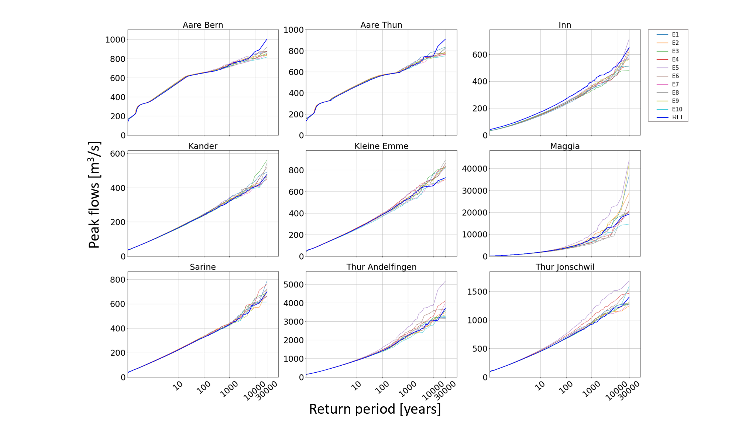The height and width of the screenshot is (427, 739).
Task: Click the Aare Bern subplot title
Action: point(203,25)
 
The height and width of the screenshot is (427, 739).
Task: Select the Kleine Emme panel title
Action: point(381,146)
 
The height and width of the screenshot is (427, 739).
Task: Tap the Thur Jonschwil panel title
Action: point(565,267)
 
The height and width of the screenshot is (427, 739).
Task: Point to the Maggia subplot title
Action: point(565,146)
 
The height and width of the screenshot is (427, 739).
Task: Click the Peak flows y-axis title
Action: point(94,195)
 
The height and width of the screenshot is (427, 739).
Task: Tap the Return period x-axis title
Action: point(375,409)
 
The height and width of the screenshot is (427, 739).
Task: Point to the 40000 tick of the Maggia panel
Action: point(475,169)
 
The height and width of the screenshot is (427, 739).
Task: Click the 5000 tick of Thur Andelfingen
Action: point(293,285)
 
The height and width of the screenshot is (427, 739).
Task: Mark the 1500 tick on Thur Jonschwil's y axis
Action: point(477,292)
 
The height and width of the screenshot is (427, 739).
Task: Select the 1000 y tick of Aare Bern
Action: point(115,40)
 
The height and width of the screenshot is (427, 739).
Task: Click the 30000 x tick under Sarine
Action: point(267,391)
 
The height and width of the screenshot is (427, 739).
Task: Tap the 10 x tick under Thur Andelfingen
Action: point(356,386)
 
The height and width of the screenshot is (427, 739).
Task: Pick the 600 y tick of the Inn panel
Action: point(480,55)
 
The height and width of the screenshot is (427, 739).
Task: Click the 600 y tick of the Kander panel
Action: point(117,154)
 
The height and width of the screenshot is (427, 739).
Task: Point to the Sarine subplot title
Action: point(203,267)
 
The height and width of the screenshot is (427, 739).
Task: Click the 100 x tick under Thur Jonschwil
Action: point(566,387)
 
